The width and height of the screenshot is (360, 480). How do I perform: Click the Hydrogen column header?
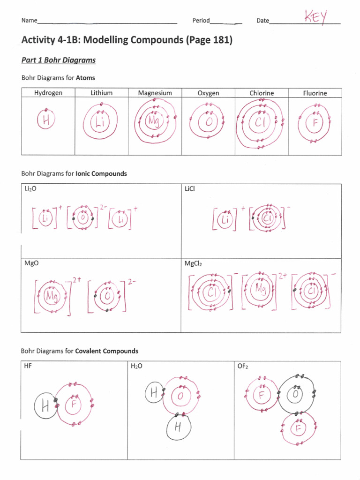coord(48,93)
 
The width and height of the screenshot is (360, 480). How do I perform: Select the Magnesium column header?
coord(155,93)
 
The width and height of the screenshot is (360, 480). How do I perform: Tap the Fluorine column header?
coord(315,93)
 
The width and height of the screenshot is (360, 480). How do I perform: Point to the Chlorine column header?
coord(262,93)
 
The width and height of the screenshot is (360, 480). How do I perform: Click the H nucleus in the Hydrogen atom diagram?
coord(46,121)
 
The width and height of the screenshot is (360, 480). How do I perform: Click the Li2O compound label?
coord(31,188)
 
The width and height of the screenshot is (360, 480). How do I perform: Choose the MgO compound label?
coord(31,263)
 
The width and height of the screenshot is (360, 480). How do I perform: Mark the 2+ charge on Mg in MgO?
coord(77,280)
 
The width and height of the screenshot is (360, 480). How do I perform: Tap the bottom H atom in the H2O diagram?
coord(178,427)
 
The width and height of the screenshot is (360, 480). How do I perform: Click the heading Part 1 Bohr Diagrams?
coord(59,60)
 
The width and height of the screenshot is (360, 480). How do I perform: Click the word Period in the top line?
coord(201,21)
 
